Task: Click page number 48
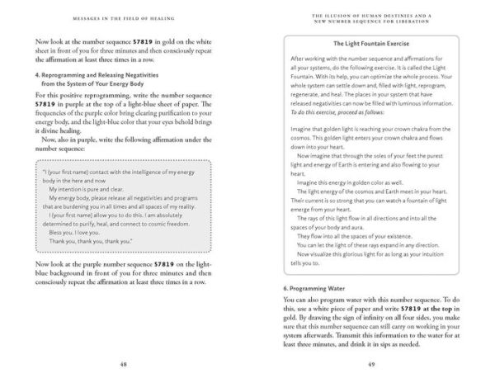122,364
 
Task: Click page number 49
371,364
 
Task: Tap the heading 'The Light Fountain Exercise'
372,44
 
